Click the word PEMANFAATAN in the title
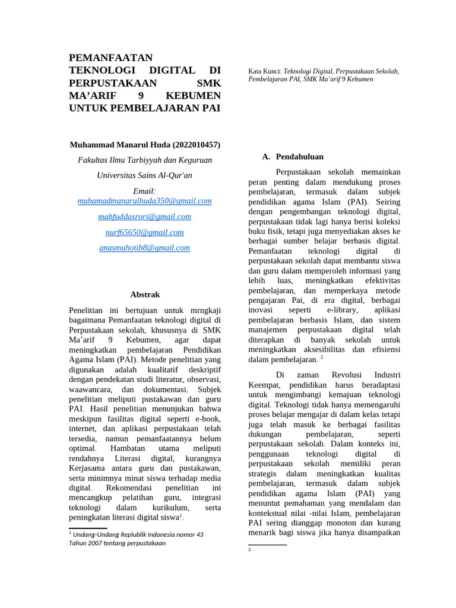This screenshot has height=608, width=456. tap(110, 58)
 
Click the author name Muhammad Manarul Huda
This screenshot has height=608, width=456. tap(121, 144)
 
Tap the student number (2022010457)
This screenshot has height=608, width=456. tap(197, 144)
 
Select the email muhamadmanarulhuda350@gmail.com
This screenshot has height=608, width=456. tap(144, 201)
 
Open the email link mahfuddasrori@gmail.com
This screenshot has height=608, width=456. tap(144, 217)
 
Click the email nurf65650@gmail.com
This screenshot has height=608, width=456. tap(144, 232)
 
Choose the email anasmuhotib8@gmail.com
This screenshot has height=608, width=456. tap(144, 248)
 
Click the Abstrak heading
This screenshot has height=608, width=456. tap(144, 294)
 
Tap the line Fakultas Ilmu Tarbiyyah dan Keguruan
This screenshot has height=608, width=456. tap(144, 160)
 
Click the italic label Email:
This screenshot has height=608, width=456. tap(144, 191)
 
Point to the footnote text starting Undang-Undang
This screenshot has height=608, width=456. tap(138, 534)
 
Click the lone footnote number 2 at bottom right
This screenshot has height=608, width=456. tap(250, 550)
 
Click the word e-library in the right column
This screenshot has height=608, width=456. tap(342, 310)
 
